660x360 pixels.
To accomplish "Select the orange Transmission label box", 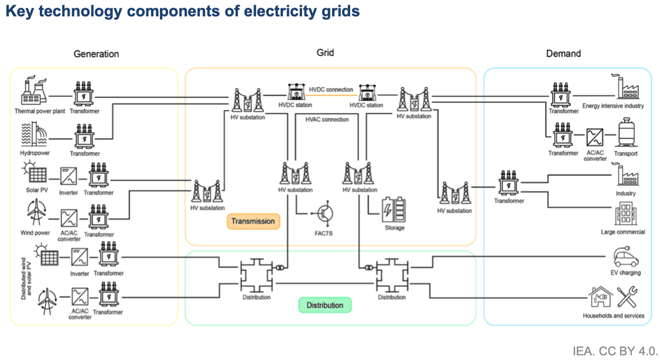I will (x=253, y=221).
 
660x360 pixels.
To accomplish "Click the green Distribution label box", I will (x=325, y=305).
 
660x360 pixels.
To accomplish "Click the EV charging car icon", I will (x=625, y=256).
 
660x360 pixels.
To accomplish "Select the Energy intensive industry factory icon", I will (x=625, y=88).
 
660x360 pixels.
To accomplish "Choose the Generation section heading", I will (x=96, y=54).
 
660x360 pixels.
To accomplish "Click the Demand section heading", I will (x=563, y=53).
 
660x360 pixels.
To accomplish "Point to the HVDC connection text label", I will (x=331, y=90).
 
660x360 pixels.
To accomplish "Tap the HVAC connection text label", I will (x=327, y=119).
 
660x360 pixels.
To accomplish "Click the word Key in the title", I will (x=19, y=11).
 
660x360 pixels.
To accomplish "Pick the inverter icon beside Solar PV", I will (x=69, y=175).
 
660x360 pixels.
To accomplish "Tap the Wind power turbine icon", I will (x=35, y=214).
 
